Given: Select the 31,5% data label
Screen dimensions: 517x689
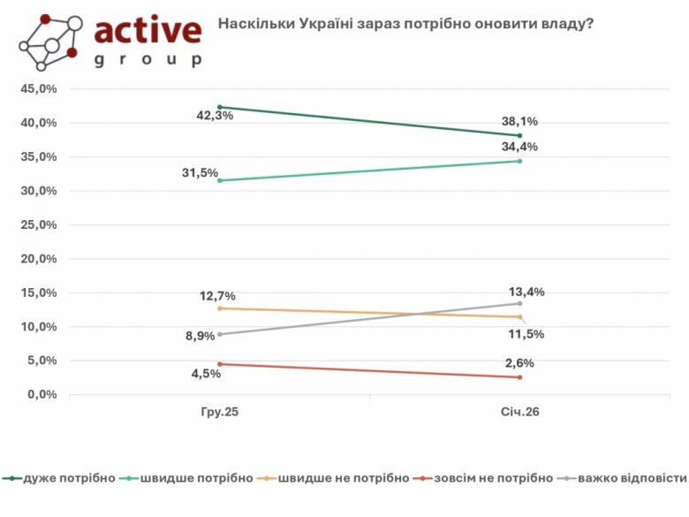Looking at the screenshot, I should (x=200, y=173).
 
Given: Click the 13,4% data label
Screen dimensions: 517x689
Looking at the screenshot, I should (x=527, y=293).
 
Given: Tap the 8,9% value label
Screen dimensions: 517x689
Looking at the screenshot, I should (x=200, y=336).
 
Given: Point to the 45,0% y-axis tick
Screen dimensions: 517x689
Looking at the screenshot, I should (x=39, y=89).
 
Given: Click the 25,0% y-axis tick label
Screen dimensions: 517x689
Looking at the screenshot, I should (x=39, y=224).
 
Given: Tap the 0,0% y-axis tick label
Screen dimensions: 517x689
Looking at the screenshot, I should (x=42, y=394).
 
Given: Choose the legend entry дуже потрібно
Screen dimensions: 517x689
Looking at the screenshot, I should (x=69, y=478).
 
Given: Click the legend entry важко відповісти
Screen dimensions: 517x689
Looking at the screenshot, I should (x=631, y=478).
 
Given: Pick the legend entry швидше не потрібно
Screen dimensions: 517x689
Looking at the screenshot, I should (x=343, y=478).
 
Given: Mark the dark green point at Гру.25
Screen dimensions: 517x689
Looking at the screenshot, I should (x=220, y=107).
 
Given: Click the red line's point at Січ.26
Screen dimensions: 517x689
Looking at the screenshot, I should (x=519, y=377).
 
